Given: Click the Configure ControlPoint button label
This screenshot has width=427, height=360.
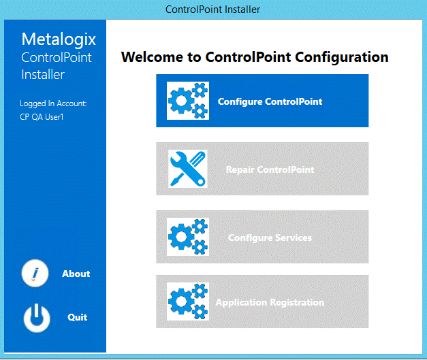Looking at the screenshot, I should [x=270, y=101].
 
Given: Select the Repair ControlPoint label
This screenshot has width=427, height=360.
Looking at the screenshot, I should [x=270, y=169].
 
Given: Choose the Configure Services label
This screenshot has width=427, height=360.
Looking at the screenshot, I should [x=270, y=238].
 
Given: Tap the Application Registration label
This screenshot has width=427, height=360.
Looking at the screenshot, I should [x=270, y=302].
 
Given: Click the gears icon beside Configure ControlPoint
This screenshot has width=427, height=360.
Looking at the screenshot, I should [x=187, y=101].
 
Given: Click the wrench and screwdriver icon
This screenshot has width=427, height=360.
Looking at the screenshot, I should [x=187, y=169].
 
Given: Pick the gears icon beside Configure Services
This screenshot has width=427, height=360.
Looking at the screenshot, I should [x=187, y=237].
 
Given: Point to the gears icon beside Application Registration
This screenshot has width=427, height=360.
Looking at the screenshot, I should [x=187, y=301].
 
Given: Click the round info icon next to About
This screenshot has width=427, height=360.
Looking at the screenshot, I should [x=36, y=274].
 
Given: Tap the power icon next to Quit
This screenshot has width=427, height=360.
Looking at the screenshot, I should [x=36, y=317].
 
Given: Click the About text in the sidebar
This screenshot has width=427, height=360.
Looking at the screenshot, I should [x=76, y=274].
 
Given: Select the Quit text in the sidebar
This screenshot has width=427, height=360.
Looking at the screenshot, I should [x=77, y=317].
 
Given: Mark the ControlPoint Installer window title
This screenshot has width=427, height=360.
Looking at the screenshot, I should [x=213, y=10].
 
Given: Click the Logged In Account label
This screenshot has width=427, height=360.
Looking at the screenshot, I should [x=53, y=103].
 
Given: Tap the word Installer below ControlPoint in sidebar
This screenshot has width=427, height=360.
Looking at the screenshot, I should [x=43, y=74].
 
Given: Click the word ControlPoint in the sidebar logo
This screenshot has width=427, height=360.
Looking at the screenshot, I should [x=57, y=57].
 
